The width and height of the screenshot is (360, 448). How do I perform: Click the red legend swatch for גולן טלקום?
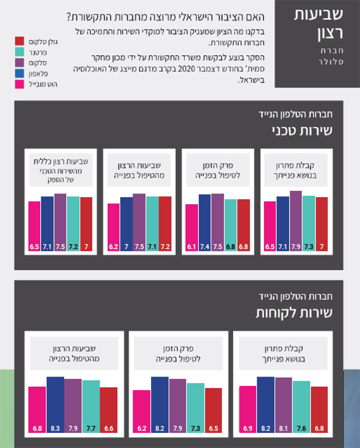pos(19,41)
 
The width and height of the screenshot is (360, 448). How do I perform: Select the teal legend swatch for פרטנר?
pos(19,52)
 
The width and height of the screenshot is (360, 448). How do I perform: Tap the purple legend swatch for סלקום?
pos(19,62)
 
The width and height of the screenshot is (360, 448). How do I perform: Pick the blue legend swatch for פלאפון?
pos(19,73)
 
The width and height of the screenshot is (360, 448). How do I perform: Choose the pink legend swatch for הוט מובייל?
pos(19,84)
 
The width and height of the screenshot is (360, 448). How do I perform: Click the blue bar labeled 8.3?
pos(55,405)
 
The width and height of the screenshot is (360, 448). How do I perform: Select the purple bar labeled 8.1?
pos(283,406)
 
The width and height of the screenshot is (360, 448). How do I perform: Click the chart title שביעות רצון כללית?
pos(60,162)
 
